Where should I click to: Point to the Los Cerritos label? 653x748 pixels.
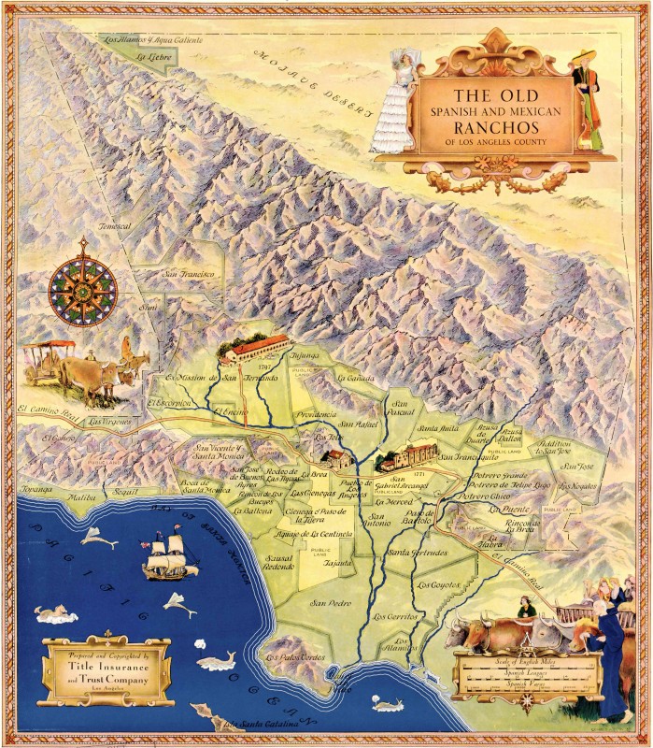[x=396, y=617]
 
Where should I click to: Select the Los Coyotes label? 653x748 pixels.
[x=435, y=584]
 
